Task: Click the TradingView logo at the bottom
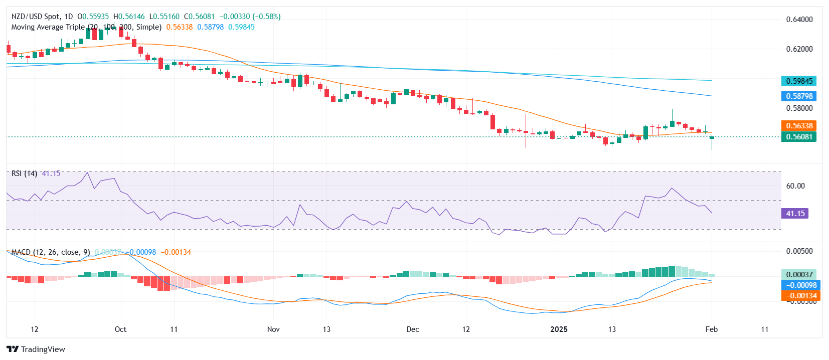(x=36, y=349)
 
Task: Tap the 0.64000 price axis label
(x=799, y=20)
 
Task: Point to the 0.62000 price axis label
(x=799, y=49)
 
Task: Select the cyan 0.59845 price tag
(x=798, y=81)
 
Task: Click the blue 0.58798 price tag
(x=798, y=96)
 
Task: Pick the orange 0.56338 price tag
(x=798, y=125)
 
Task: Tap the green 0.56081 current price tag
(x=798, y=136)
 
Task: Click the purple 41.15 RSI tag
(x=795, y=213)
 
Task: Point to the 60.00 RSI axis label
(x=795, y=186)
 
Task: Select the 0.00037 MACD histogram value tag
(x=798, y=274)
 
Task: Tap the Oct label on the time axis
(x=120, y=329)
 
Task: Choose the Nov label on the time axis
(x=273, y=329)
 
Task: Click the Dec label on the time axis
(x=413, y=329)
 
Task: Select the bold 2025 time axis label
(x=559, y=329)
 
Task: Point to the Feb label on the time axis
(x=711, y=329)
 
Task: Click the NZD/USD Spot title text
(x=35, y=17)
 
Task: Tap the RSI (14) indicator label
(x=24, y=173)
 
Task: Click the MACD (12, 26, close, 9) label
(x=51, y=252)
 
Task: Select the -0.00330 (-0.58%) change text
(x=250, y=17)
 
